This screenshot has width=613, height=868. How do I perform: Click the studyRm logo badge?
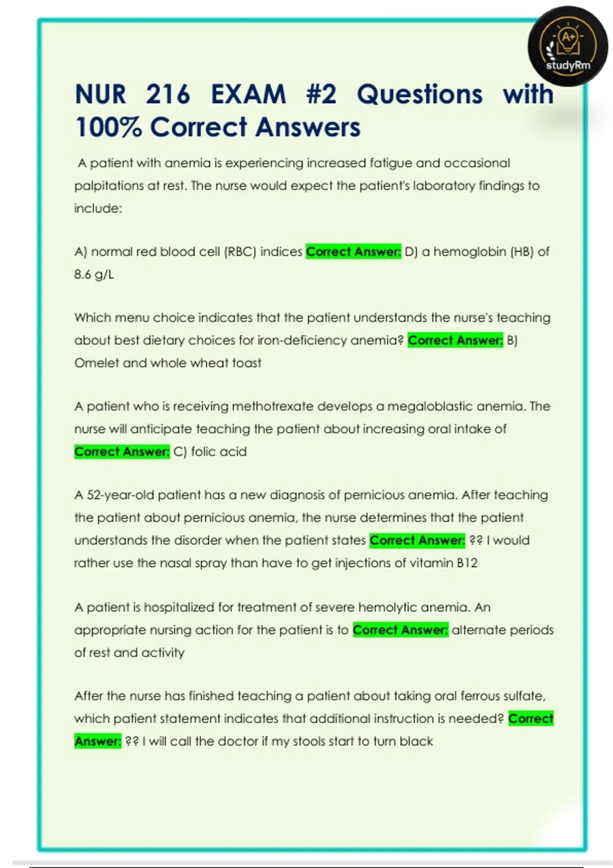tap(568, 46)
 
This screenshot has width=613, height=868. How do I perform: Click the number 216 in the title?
tap(168, 94)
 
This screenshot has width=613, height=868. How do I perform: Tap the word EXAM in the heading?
tap(248, 94)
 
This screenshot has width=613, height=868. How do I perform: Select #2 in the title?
tap(321, 94)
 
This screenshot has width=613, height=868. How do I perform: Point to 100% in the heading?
tap(108, 127)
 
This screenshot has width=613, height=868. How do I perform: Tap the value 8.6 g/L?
tap(94, 274)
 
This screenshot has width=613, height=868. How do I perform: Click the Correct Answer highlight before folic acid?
tap(122, 452)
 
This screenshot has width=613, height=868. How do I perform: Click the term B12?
tap(467, 563)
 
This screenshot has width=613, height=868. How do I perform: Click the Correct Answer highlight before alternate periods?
tap(400, 630)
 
